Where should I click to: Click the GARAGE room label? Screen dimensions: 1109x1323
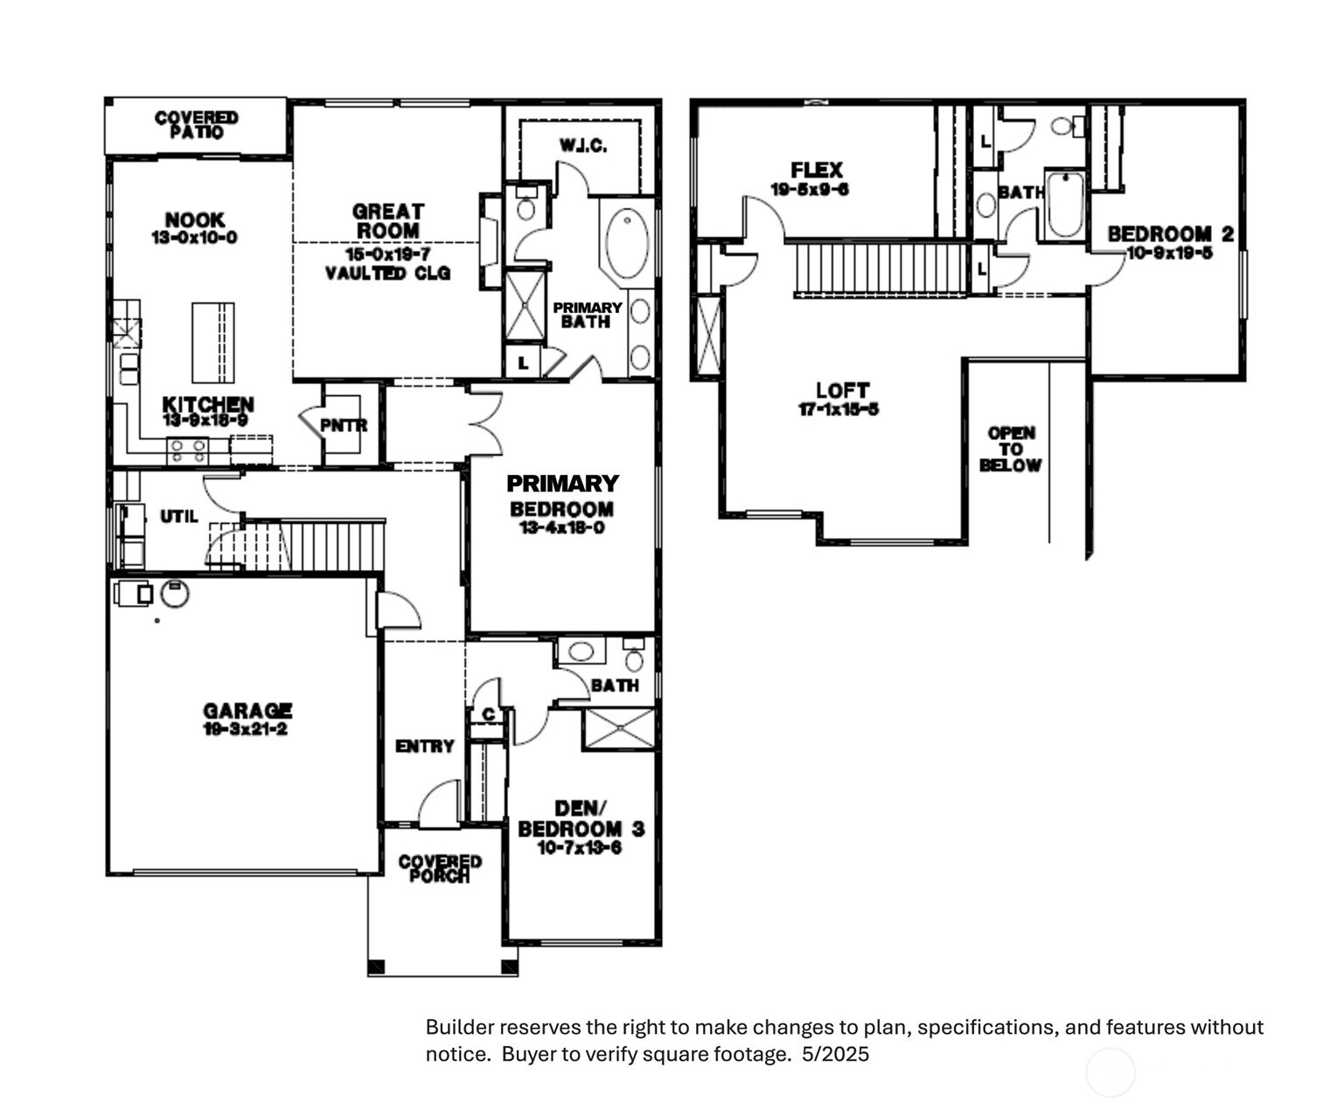click(x=247, y=711)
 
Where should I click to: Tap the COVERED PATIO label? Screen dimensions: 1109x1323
click(x=196, y=124)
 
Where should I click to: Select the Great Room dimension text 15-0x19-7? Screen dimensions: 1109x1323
click(x=387, y=255)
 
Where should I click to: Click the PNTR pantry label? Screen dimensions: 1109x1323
click(x=343, y=426)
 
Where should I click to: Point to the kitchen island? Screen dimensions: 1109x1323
click(x=212, y=342)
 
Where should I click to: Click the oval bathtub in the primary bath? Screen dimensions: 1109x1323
click(x=627, y=242)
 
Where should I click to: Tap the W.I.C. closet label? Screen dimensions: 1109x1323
click(x=583, y=145)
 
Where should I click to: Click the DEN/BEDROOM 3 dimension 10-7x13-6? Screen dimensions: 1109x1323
click(x=580, y=847)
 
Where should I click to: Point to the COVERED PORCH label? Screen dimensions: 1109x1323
click(x=440, y=868)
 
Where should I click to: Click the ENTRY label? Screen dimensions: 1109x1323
click(x=424, y=746)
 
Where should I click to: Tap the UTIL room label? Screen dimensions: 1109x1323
click(x=178, y=517)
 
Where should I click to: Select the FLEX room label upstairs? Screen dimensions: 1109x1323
click(x=816, y=170)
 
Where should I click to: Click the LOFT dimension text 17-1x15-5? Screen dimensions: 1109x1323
click(x=838, y=409)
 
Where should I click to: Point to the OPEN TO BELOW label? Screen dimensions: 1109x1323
click(x=1010, y=449)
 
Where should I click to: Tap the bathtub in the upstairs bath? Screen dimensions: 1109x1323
click(x=1064, y=206)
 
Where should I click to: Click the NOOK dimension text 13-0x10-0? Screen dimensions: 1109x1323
click(x=194, y=238)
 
